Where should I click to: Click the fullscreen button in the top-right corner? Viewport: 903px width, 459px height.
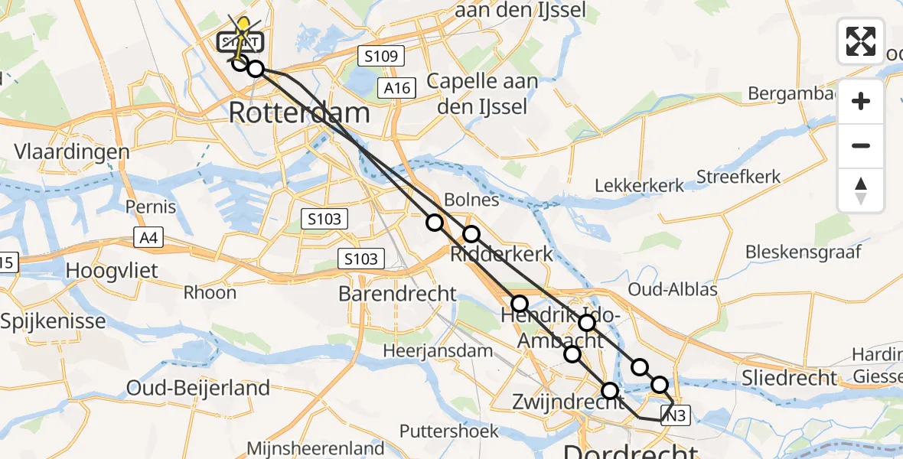[861, 41]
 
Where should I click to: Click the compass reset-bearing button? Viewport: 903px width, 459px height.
[861, 190]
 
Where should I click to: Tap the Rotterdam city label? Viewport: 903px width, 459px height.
[299, 113]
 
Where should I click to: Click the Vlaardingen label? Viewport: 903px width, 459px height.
[72, 151]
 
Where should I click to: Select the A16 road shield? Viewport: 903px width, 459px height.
[398, 88]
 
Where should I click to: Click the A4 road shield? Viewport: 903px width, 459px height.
[148, 238]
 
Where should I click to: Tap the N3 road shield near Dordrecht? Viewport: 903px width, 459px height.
[676, 415]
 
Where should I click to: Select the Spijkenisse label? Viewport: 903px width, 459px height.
[53, 321]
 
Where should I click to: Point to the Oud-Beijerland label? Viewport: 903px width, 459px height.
[198, 388]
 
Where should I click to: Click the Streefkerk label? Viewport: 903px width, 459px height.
[738, 177]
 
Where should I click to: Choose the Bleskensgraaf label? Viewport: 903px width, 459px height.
[804, 252]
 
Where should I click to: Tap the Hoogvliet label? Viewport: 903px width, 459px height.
[112, 270]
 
